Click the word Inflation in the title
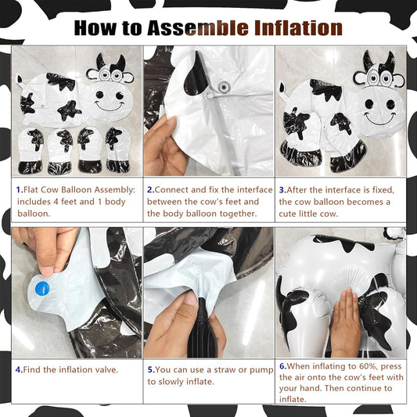pyautogui.click(x=298, y=27)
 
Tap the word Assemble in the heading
pyautogui.click(x=198, y=27)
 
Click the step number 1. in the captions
pyautogui.click(x=20, y=189)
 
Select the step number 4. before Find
pyautogui.click(x=19, y=369)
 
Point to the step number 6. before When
pyautogui.click(x=283, y=366)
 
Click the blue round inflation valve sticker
pyautogui.click(x=42, y=289)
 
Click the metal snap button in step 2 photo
pyautogui.click(x=224, y=87)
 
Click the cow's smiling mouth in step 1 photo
pyautogui.click(x=110, y=106)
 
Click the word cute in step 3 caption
pyautogui.click(x=287, y=214)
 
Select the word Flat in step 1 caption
pyautogui.click(x=31, y=189)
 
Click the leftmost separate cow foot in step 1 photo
pyautogui.click(x=31, y=151)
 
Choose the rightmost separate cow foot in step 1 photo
pyautogui.click(x=118, y=149)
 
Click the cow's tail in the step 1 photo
pyautogui.click(x=20, y=81)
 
